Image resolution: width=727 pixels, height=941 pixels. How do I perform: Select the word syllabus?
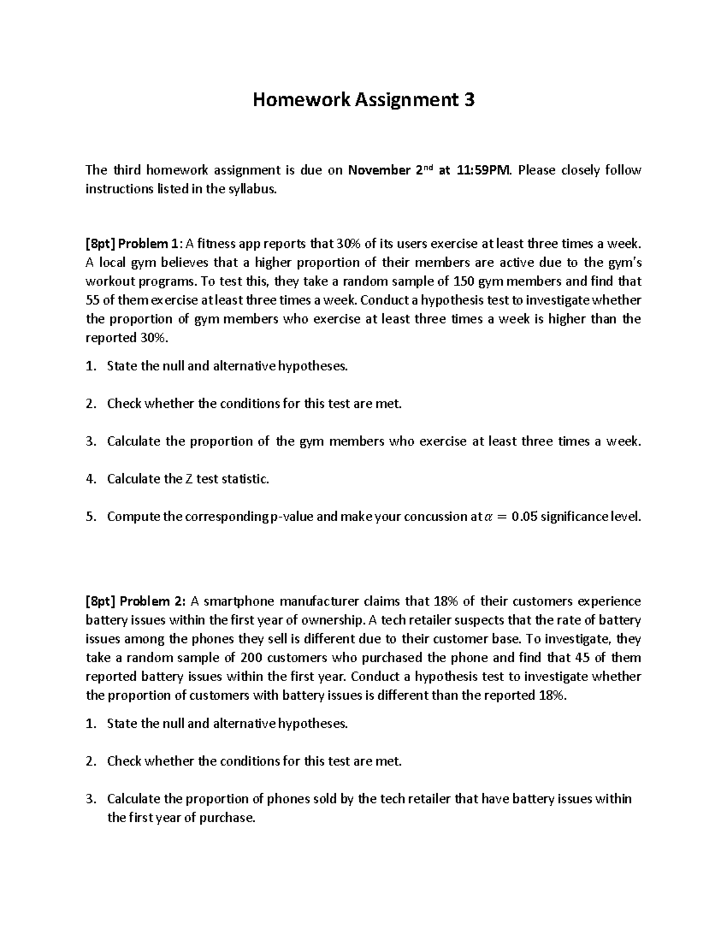(x=252, y=189)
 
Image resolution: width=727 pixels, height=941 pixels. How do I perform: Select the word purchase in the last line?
(x=226, y=818)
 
